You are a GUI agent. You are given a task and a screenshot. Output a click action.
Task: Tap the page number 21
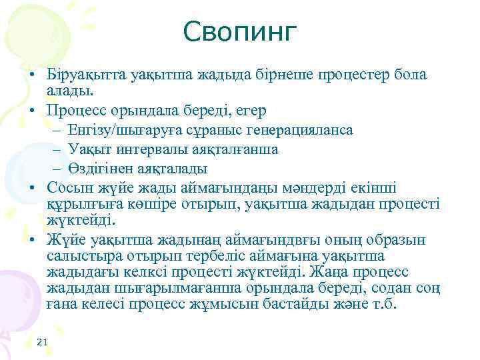pyautogui.click(x=43, y=342)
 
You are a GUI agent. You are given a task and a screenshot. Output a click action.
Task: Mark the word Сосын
pyautogui.click(x=68, y=188)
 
